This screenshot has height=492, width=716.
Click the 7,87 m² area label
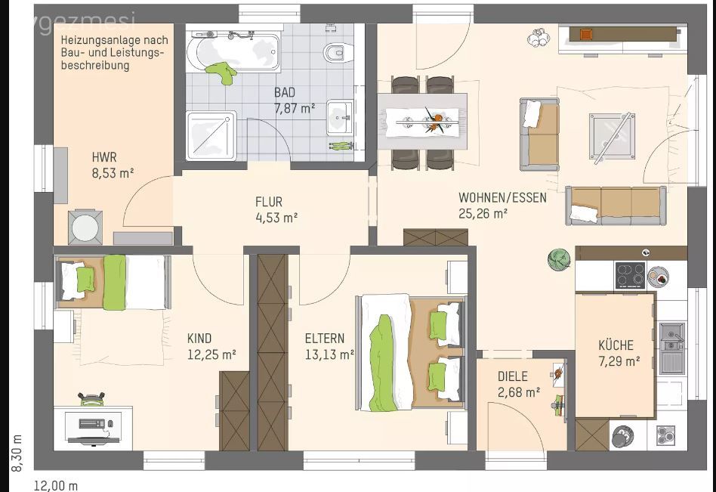295,108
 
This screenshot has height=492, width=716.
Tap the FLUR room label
269,202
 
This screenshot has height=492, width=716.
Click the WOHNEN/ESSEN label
492,198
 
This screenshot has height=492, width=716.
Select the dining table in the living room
423,121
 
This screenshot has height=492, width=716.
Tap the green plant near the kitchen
558,259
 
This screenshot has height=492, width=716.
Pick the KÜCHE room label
616,345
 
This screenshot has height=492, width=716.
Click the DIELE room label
513,376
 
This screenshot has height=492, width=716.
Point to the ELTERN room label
325,339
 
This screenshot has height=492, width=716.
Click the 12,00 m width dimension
56,486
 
